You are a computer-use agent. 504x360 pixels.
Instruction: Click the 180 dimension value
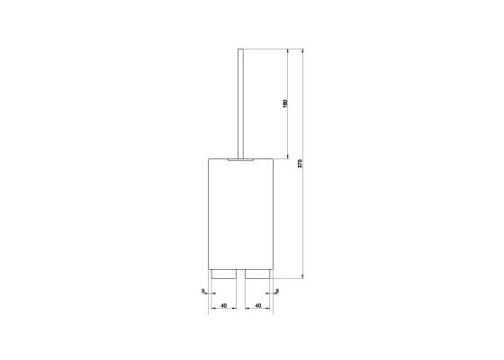285,104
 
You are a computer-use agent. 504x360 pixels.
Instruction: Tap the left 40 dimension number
220,307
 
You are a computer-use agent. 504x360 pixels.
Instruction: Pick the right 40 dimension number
258,307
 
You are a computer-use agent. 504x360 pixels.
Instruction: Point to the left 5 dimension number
204,291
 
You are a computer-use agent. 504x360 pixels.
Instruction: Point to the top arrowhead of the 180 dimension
290,51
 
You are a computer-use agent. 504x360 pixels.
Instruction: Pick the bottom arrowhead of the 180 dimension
290,156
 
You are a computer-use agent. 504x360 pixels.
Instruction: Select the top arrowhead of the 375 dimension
305,51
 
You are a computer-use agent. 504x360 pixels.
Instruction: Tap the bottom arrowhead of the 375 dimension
305,275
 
